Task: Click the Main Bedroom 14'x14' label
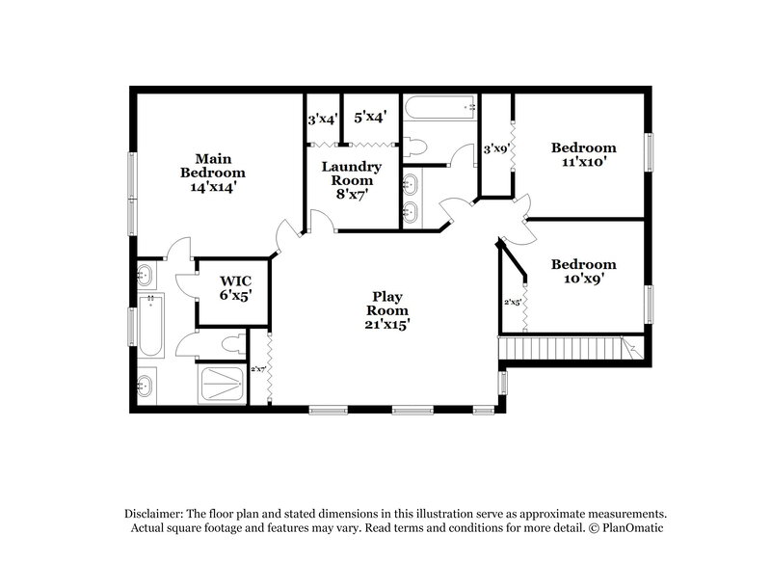click(213, 173)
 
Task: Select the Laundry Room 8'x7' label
click(351, 180)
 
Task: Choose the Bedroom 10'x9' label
click(582, 271)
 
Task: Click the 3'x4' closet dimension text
click(322, 120)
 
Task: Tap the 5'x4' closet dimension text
click(370, 117)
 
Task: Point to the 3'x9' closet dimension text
click(495, 148)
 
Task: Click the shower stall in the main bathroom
click(221, 385)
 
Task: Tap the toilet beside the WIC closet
click(231, 343)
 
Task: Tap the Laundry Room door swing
click(328, 223)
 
